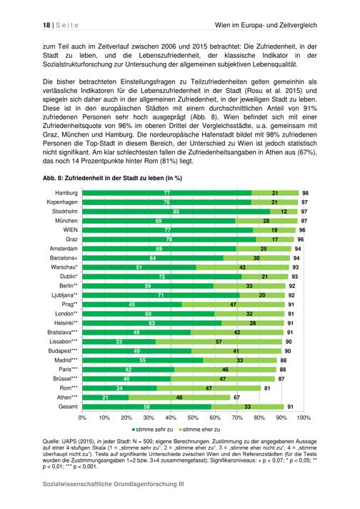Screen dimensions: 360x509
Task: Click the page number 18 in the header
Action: [46, 25]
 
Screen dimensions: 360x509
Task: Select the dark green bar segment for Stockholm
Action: [176, 212]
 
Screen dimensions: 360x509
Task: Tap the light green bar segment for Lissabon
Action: [219, 342]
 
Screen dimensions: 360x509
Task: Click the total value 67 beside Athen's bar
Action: [236, 397]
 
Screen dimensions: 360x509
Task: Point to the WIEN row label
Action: [71, 229]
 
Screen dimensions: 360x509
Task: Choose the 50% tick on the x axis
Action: [193, 417]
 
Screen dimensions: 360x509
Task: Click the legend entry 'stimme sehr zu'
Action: [152, 430]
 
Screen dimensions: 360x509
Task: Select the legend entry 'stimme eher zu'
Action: [199, 430]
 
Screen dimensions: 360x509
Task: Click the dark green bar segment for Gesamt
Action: [147, 407]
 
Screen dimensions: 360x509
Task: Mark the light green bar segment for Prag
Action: [233, 305]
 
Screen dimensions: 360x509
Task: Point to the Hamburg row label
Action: [66, 193]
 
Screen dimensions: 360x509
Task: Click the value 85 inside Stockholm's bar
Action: [176, 212]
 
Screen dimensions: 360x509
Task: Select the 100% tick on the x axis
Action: [304, 417]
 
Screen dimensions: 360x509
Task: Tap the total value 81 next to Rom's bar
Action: [267, 388]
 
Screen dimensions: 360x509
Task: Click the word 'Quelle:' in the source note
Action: [51, 442]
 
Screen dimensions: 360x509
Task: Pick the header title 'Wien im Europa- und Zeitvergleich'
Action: [266, 25]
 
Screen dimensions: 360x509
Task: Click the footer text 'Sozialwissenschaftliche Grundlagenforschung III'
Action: [113, 484]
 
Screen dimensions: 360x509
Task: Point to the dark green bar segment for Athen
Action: [106, 397]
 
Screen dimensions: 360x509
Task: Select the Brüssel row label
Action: [66, 379]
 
